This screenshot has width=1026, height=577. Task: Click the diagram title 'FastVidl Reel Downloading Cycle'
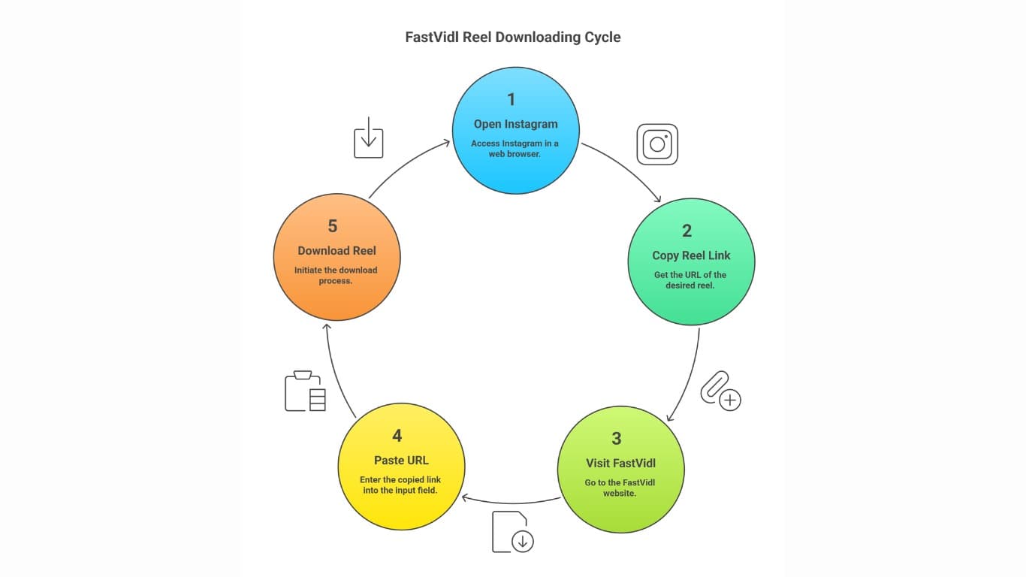513,37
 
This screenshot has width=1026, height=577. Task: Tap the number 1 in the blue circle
511,100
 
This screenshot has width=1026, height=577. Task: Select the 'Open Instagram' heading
515,124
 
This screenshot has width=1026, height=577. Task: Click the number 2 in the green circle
687,231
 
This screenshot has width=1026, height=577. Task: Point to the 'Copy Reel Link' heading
691,255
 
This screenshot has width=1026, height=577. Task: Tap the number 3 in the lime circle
616,439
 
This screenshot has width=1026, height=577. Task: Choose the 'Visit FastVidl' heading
620,463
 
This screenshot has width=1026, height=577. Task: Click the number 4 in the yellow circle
397,436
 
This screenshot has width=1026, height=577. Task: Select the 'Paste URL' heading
401,460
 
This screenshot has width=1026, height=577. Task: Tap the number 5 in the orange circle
333,226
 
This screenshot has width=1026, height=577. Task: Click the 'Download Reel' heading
336,251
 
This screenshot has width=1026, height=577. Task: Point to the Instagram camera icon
657,144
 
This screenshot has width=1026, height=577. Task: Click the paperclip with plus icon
720,391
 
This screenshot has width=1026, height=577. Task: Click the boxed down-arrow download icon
369,137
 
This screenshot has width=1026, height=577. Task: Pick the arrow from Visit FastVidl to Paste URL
511,502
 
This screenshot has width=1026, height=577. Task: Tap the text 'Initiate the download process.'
336,275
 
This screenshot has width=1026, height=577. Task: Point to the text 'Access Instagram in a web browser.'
515,149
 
